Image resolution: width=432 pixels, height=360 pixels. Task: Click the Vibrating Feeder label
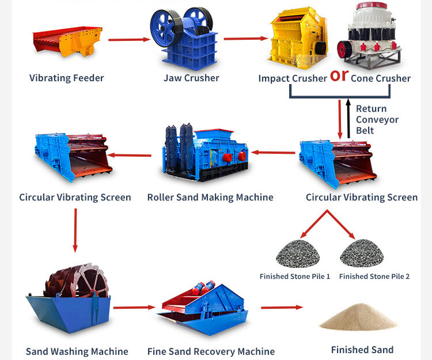[67, 78]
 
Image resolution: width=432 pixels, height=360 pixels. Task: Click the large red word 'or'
[339, 75]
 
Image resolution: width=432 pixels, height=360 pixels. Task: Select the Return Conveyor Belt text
[377, 119]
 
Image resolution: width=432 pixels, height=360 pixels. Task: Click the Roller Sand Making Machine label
[210, 198]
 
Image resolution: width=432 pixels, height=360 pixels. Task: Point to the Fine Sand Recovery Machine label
[211, 351]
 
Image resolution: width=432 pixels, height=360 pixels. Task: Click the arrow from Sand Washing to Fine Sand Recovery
[134, 308]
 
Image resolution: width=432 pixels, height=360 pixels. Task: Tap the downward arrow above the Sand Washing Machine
[75, 230]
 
